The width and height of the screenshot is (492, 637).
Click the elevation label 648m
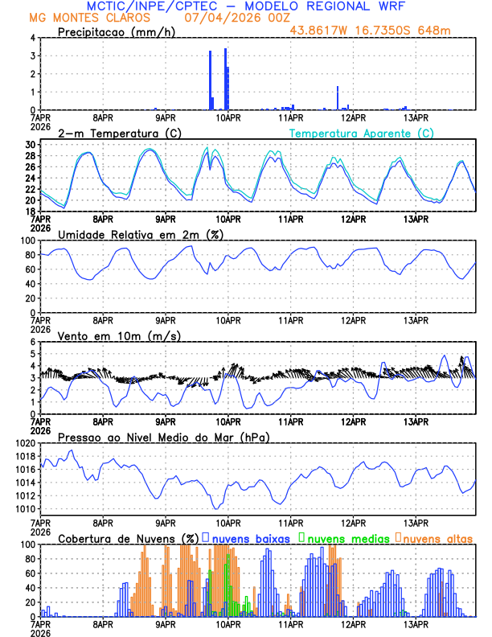click(435, 30)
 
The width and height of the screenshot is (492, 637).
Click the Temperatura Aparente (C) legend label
click(362, 133)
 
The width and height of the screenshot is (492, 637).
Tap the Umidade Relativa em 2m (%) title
click(141, 234)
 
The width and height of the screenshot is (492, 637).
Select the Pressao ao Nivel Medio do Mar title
click(163, 437)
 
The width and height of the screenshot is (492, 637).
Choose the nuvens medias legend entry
click(344, 538)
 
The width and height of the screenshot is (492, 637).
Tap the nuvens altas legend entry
click(437, 538)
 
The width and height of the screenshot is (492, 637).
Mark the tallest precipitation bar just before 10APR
click(225, 79)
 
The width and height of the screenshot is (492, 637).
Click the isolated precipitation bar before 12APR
click(338, 97)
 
